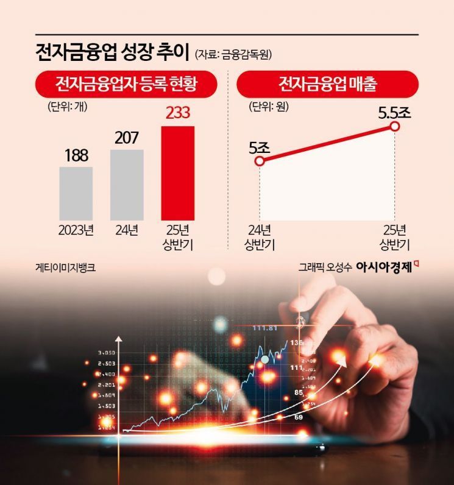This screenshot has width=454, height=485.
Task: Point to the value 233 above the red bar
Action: pyautogui.click(x=177, y=113)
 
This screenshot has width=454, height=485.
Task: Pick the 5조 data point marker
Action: pyautogui.click(x=260, y=161)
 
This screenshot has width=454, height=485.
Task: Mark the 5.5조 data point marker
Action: pyautogui.click(x=394, y=127)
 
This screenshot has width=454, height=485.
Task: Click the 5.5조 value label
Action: pyautogui.click(x=395, y=112)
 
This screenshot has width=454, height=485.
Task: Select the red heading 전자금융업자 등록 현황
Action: pyautogui.click(x=127, y=83)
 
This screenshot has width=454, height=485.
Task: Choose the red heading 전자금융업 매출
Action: pyautogui.click(x=327, y=83)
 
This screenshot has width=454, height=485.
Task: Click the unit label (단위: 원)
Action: pyautogui.click(x=269, y=106)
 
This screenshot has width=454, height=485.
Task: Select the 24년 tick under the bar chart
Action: pyautogui.click(x=127, y=231)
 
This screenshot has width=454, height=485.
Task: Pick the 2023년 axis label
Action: pyautogui.click(x=76, y=231)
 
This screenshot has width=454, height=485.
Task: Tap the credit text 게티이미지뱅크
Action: pyautogui.click(x=66, y=267)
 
